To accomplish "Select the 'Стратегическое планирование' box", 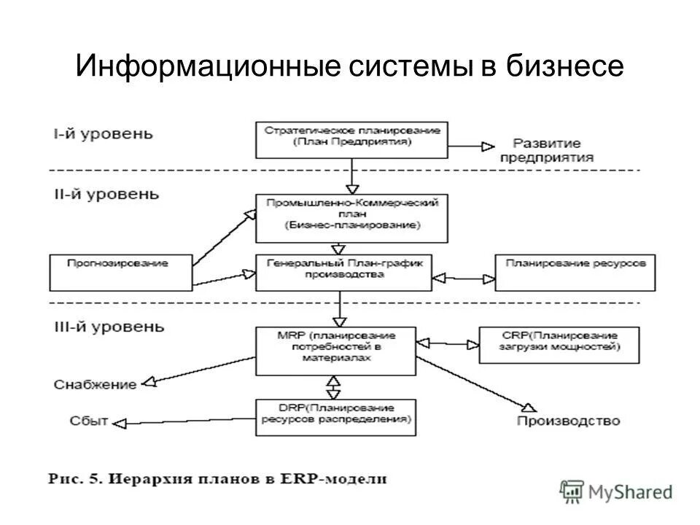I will pos(351,139).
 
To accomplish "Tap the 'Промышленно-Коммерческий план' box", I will pos(351,217).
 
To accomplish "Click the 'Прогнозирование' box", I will pos(121,272).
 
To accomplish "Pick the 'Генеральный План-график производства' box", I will pos(344,272).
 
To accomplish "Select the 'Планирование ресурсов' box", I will pos(575,272).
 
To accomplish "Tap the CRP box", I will pos(559,345).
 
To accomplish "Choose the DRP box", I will pos(335,416).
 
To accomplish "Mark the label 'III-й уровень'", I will pos(109,325).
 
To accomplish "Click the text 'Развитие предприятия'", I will pos(552,151).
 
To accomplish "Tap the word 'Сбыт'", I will pos(89,420).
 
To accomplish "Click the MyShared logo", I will pos(616,492).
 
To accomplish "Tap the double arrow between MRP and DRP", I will pos(334,385).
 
